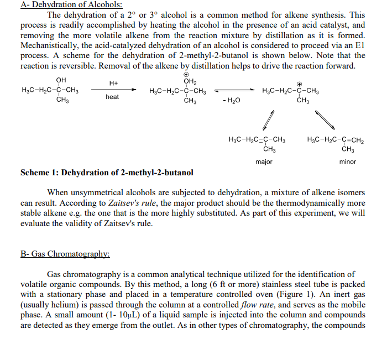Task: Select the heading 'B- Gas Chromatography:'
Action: coord(65,254)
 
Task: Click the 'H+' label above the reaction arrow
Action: coord(113,83)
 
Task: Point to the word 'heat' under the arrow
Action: coord(112,97)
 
